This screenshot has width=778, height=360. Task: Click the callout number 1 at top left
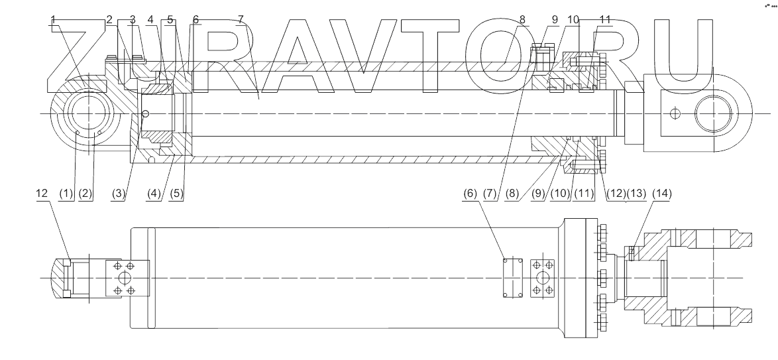[54, 19]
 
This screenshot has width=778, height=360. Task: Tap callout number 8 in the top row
[523, 19]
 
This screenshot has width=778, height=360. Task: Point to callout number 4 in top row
[150, 19]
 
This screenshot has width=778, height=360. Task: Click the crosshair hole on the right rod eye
[673, 114]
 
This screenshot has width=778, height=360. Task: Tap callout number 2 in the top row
[109, 19]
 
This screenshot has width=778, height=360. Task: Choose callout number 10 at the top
[573, 19]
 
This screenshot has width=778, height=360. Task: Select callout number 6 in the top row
[195, 19]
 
